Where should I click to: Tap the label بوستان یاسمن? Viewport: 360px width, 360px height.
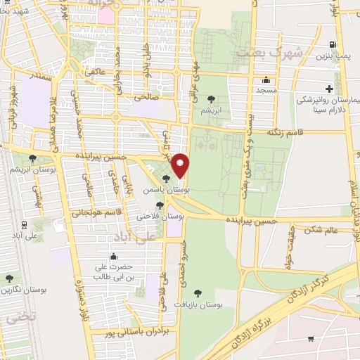click(x=148, y=190)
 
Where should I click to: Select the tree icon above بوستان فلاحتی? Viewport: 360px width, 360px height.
click(x=160, y=205)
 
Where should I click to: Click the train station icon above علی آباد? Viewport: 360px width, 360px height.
click(x=25, y=225)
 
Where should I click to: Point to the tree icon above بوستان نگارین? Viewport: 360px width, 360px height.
click(x=9, y=278)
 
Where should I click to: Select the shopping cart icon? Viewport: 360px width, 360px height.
click(x=311, y=340)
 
